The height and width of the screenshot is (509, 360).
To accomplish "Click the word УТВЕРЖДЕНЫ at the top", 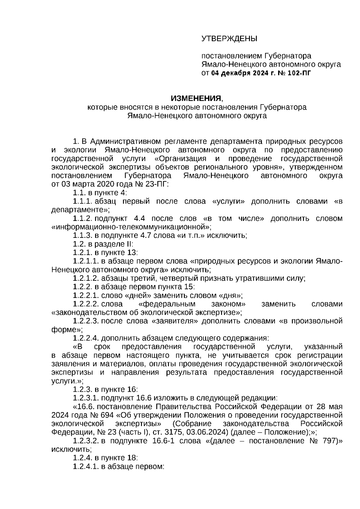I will pos(229,39).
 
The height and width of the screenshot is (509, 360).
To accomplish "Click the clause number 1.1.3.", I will pos(83,235).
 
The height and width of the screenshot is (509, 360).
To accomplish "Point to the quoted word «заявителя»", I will pos(173,321).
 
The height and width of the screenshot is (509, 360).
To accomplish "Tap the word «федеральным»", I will pos(168,304).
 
